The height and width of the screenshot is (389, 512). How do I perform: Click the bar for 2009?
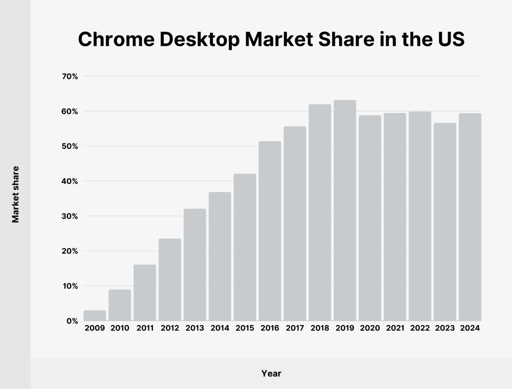(x=95, y=315)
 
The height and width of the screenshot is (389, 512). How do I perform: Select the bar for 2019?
(x=345, y=211)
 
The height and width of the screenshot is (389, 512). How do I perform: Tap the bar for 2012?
(x=170, y=279)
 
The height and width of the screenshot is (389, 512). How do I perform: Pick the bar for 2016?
(x=270, y=231)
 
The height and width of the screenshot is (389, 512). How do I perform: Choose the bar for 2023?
(x=445, y=222)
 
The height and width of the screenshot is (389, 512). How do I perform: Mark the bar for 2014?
(x=220, y=256)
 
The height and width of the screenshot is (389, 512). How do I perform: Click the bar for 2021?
(x=395, y=217)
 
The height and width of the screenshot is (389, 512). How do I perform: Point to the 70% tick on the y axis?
(x=70, y=76)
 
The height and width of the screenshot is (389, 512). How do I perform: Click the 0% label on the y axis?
(x=72, y=321)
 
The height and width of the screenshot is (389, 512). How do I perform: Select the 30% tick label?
(x=70, y=216)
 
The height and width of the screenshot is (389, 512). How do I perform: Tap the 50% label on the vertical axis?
(x=70, y=146)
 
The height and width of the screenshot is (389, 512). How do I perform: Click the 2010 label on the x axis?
(x=120, y=328)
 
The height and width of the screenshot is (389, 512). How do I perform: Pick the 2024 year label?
(x=470, y=328)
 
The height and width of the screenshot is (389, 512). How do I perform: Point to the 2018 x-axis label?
(x=320, y=328)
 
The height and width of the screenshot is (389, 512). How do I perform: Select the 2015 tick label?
(x=245, y=328)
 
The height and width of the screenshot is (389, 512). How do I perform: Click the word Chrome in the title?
(x=116, y=39)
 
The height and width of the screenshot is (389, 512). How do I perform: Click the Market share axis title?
(x=15, y=194)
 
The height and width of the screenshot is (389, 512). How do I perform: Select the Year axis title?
(x=271, y=373)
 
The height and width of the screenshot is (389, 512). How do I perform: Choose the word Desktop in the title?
(x=199, y=39)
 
